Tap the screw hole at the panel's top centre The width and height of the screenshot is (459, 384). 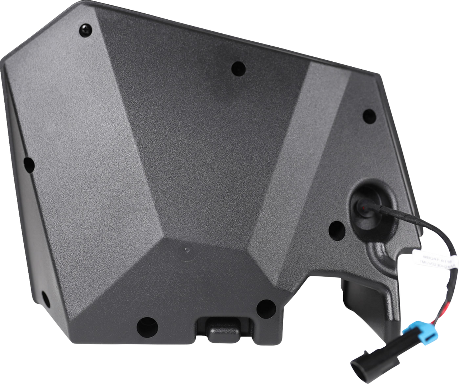(238, 67)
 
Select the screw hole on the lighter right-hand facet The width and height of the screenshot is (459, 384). (369, 115)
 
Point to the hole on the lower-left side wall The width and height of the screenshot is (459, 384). (44, 296)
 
